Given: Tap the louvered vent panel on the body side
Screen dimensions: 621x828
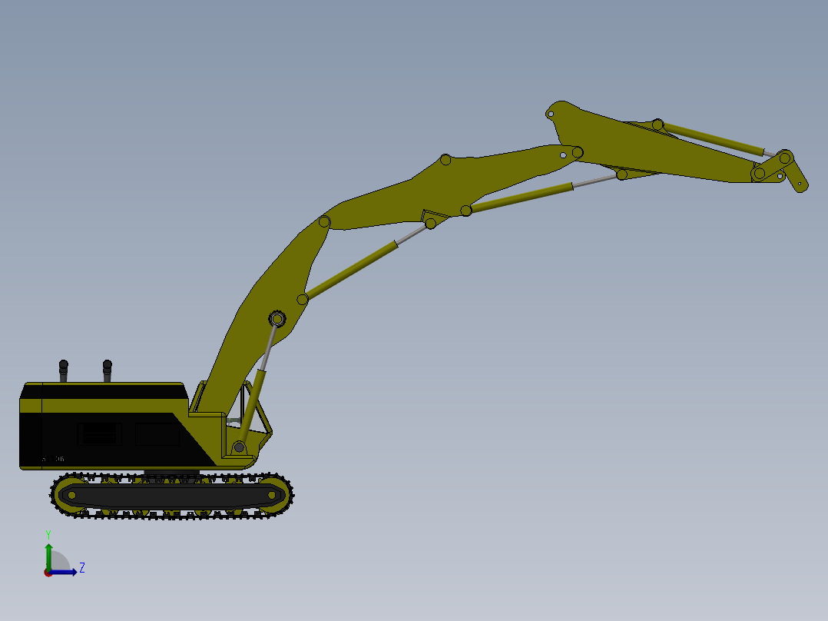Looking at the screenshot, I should (x=99, y=434).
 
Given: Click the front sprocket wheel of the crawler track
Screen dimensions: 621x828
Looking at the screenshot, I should (x=270, y=495).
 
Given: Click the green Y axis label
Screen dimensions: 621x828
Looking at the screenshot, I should (x=48, y=533).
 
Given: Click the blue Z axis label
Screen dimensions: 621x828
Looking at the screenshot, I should (x=82, y=568).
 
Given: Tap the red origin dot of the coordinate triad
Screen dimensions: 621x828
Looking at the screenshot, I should (x=48, y=573).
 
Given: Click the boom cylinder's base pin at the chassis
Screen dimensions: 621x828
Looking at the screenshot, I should (x=239, y=447).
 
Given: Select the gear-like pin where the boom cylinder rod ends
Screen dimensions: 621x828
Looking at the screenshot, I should (x=277, y=318).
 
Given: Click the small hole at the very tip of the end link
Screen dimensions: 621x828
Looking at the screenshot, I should (x=800, y=184).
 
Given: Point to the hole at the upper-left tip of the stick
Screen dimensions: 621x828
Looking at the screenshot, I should (x=550, y=115).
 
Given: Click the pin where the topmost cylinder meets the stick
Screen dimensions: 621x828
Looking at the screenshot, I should (x=657, y=125).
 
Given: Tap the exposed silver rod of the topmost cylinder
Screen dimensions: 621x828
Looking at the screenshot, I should (x=763, y=151).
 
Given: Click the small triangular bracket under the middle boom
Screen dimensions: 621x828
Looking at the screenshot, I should (x=432, y=215).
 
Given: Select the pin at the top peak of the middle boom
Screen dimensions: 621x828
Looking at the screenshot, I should (x=445, y=160).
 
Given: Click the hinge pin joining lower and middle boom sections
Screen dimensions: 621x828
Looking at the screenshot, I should (x=324, y=222).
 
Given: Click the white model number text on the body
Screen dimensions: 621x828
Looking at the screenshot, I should (x=53, y=459).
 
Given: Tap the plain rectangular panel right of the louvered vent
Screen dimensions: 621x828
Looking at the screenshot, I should (x=157, y=434).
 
